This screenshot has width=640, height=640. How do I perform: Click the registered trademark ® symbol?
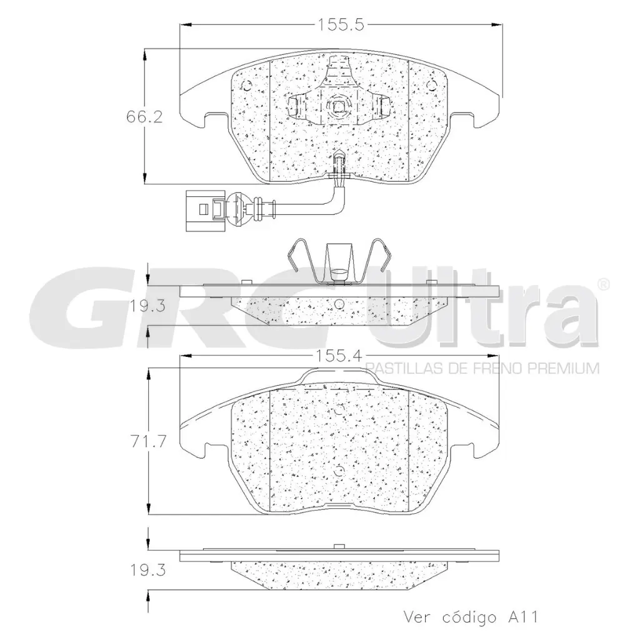604,284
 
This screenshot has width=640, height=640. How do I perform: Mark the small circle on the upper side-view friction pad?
338,304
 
